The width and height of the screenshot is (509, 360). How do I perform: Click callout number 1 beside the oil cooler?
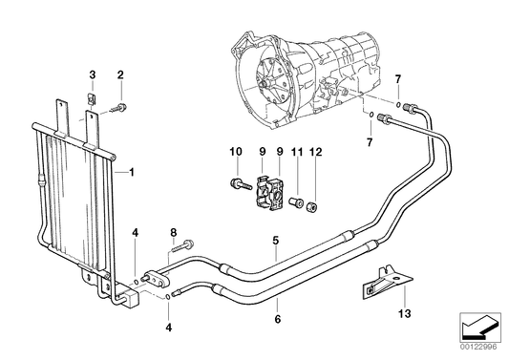point(132,173)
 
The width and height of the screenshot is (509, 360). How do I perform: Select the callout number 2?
point(120,74)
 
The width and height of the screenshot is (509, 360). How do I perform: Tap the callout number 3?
point(93,74)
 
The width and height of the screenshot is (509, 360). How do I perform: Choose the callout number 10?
point(234,153)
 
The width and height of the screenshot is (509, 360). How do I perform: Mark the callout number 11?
point(297,153)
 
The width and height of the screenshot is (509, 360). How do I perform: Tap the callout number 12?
point(317,153)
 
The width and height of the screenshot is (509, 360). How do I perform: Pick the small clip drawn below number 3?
point(93,95)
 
